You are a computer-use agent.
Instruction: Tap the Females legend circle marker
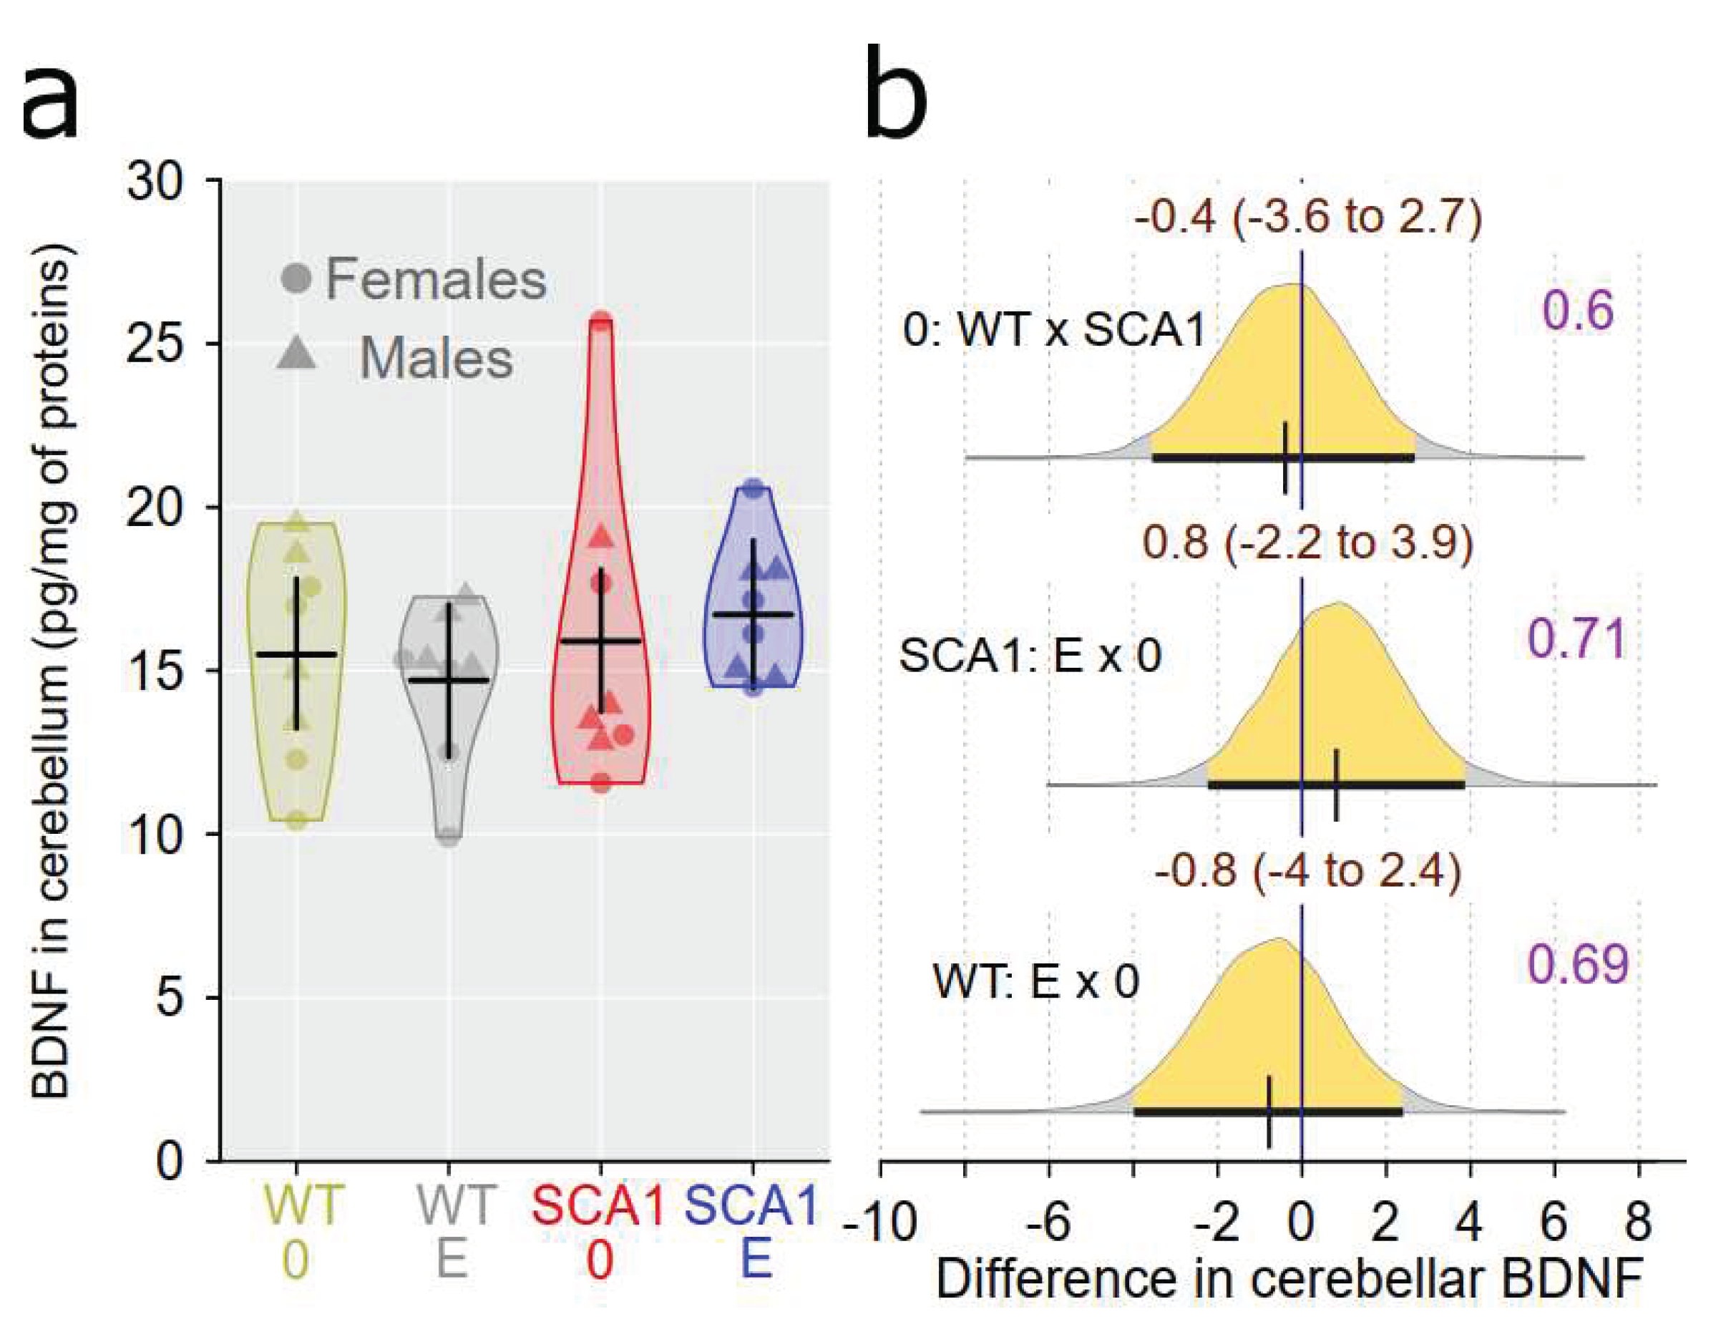296,278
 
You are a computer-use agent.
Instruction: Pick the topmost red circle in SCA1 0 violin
602,322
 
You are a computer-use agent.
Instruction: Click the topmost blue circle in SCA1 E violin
754,489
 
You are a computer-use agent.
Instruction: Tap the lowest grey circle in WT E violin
449,836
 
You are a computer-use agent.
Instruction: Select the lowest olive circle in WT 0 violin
296,820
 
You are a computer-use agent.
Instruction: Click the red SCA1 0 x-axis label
598,1232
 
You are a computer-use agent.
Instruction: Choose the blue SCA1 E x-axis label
752,1232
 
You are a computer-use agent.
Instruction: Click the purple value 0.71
1576,639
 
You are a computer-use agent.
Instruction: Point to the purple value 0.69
1577,965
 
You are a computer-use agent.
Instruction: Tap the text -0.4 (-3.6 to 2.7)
1308,216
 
